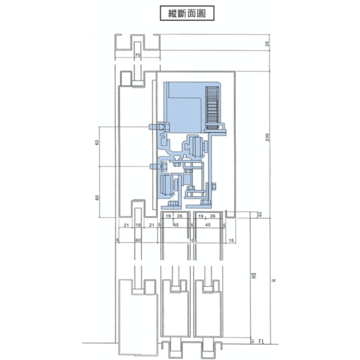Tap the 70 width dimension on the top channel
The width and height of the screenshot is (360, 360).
(x=137, y=55)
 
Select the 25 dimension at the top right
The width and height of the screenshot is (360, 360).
(x=267, y=44)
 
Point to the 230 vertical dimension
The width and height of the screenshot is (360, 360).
(x=267, y=139)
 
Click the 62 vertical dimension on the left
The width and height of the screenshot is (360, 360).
(x=97, y=144)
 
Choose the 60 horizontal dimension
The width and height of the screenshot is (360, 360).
(x=137, y=240)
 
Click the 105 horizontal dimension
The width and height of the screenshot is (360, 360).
(x=193, y=240)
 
